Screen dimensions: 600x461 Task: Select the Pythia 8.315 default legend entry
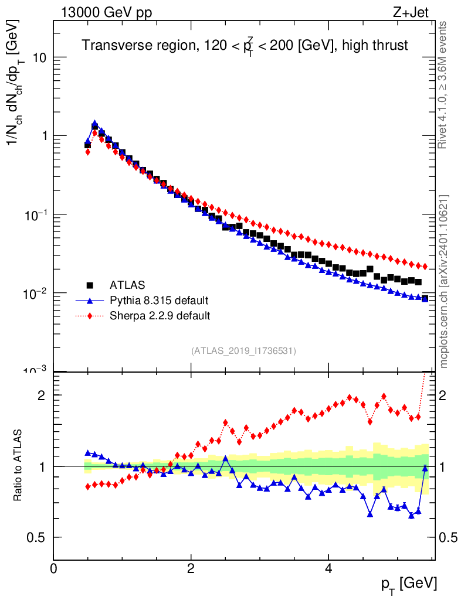[x=159, y=301]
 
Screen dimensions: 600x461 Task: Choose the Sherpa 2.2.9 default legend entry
[x=160, y=316]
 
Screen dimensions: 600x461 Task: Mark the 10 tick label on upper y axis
[x=39, y=58]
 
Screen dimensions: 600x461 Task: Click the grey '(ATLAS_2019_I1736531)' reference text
[x=243, y=351]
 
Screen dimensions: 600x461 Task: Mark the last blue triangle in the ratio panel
[x=425, y=468]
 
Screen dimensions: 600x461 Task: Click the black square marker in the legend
[x=90, y=285]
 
